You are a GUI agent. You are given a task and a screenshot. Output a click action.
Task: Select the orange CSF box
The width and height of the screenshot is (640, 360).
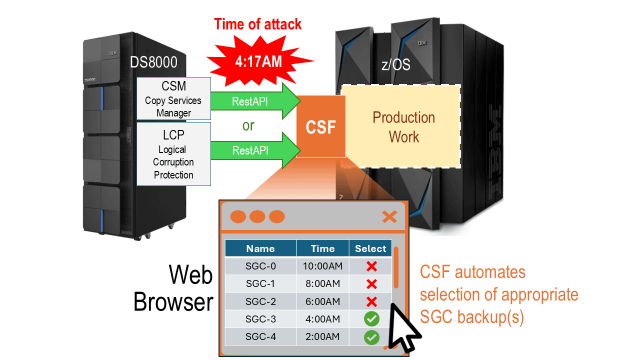click(320, 126)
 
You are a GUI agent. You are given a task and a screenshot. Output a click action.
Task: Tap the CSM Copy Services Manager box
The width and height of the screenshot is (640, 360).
click(173, 98)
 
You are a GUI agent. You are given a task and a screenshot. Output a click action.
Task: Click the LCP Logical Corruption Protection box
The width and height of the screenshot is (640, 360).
click(173, 154)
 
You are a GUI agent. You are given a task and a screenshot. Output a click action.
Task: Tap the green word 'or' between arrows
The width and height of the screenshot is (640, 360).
click(248, 125)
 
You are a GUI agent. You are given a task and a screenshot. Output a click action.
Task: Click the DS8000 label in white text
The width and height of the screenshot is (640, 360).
click(153, 62)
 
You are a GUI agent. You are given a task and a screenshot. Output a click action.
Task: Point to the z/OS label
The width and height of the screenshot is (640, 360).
click(395, 65)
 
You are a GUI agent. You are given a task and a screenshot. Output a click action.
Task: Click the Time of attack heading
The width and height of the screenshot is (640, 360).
click(258, 24)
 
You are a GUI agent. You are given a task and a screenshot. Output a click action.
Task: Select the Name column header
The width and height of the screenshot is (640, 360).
click(260, 248)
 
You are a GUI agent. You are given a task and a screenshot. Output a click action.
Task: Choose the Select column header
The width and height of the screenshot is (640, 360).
click(370, 248)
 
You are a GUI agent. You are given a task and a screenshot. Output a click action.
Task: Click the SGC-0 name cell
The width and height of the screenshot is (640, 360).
click(260, 266)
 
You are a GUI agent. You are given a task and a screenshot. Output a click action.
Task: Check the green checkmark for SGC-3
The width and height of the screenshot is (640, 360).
click(371, 319)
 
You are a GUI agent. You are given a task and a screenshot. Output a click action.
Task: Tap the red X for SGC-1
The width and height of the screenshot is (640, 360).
click(371, 284)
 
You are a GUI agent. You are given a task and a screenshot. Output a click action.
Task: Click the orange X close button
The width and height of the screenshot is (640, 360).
click(389, 216)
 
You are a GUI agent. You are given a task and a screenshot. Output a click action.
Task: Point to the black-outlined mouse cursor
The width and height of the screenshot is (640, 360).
click(402, 330)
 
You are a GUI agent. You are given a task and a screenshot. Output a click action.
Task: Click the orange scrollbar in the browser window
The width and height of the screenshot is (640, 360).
click(396, 267)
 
